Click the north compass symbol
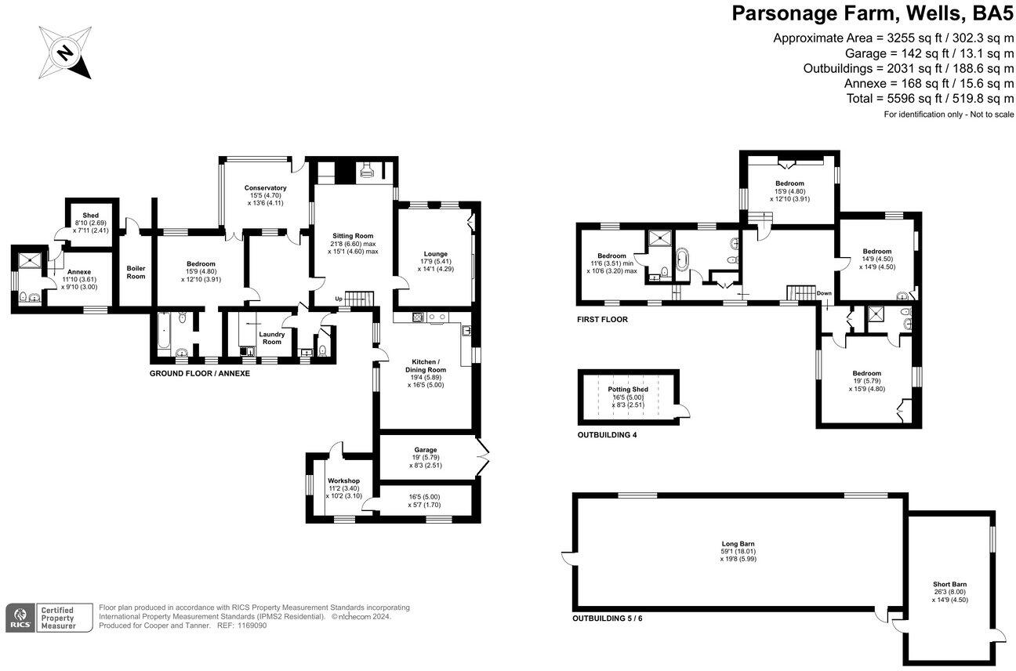click(65, 53)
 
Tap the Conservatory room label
click(265, 188)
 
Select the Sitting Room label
click(352, 235)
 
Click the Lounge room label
click(435, 253)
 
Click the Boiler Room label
click(136, 271)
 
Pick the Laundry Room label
click(271, 337)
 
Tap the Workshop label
click(343, 481)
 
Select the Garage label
click(426, 450)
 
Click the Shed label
click(91, 216)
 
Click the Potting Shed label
click(628, 390)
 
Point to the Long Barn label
click(738, 543)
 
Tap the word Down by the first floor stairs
click(823, 293)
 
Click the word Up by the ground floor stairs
click(339, 299)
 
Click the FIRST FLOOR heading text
click(602, 320)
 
